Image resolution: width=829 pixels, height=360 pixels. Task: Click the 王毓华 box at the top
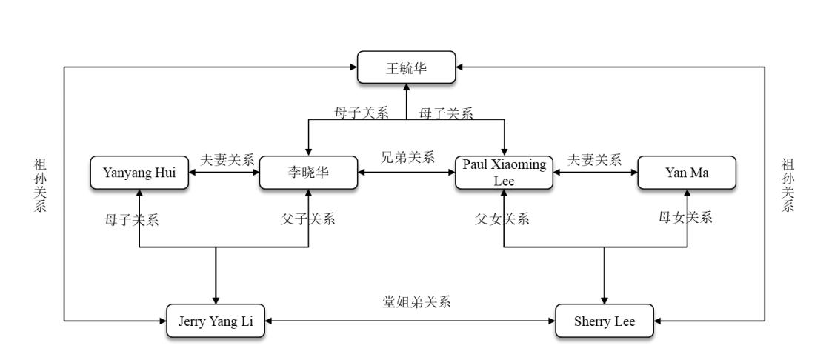[406, 67]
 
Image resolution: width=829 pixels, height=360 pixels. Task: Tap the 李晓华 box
[309, 173]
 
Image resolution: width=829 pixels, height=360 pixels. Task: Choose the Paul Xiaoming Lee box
[504, 173]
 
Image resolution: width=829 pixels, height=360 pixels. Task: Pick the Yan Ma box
[687, 173]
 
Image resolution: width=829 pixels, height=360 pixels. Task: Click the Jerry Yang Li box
[216, 321]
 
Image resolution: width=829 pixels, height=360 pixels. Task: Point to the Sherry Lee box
[605, 321]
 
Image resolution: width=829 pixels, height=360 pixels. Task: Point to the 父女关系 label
[503, 219]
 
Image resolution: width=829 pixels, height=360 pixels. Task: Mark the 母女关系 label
[685, 218]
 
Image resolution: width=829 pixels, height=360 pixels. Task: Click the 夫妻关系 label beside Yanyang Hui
[227, 159]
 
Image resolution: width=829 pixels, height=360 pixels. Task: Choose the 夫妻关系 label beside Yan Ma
[595, 159]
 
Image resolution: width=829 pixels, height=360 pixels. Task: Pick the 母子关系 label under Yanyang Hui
[132, 219]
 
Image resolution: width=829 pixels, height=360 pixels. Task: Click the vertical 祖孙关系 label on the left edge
[40, 184]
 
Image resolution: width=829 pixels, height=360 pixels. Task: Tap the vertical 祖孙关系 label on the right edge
[788, 184]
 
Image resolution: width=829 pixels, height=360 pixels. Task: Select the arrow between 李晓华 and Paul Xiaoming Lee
[407, 173]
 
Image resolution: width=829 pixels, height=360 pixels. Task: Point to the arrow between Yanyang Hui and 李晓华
[224, 173]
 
